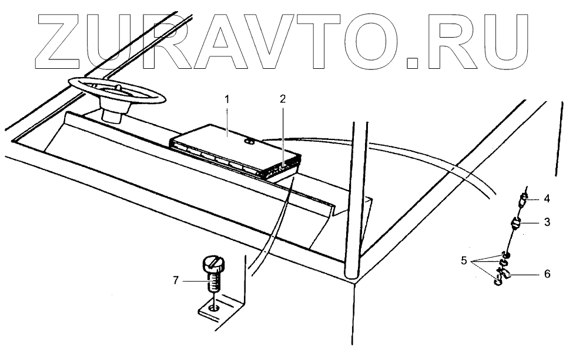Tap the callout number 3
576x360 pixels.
point(547,223)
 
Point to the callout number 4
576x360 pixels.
point(547,199)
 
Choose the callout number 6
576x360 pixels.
point(547,274)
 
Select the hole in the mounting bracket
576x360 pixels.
point(215,307)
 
